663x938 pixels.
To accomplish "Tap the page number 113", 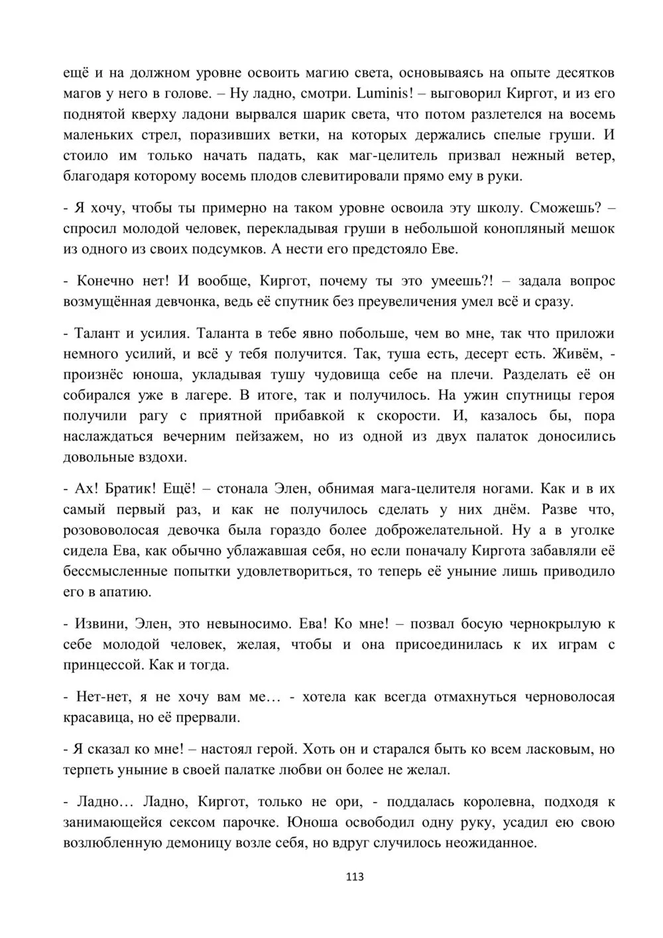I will pyautogui.click(x=355, y=877).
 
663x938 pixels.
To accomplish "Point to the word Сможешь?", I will pyautogui.click(x=565, y=208).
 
